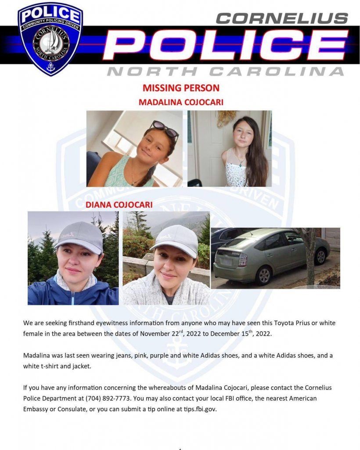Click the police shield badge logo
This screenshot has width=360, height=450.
click(x=50, y=38)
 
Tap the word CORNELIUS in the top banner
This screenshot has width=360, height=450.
click(x=282, y=18)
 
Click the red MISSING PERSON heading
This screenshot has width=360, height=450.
click(x=181, y=88)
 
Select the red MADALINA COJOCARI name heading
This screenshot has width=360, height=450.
click(x=181, y=102)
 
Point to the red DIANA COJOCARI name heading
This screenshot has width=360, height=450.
click(x=119, y=205)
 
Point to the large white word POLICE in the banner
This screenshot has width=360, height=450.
click(x=226, y=45)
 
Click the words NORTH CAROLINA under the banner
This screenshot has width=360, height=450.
click(x=226, y=71)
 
